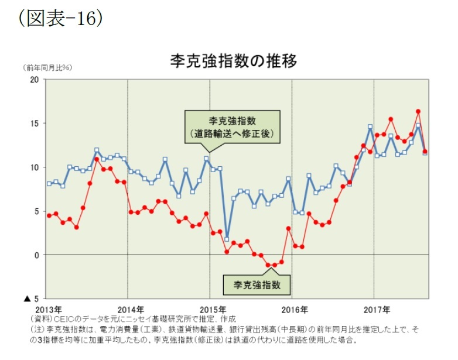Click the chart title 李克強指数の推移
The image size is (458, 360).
tap(233, 60)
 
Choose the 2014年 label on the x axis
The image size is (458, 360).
tap(130, 308)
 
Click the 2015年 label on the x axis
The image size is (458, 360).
tap(212, 308)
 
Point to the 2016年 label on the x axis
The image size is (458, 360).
tap(294, 308)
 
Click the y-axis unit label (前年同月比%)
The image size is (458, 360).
tap(48, 68)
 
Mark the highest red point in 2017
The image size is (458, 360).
tap(418, 111)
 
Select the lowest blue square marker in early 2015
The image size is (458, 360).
tap(227, 239)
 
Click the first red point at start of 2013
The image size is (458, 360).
tap(49, 215)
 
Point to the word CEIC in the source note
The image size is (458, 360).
tap(64, 320)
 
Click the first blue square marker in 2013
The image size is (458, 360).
tap(49, 184)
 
